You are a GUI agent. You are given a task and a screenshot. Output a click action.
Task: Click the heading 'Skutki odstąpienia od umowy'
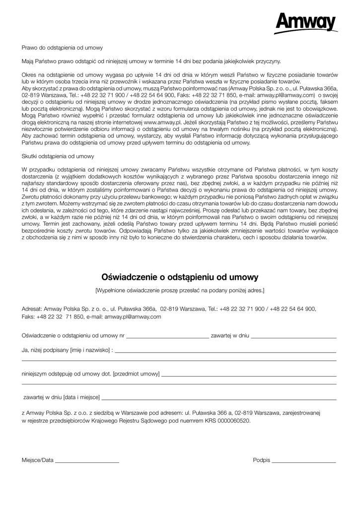tap(58, 156)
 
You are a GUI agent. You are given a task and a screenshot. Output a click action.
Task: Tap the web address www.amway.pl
tap(159, 122)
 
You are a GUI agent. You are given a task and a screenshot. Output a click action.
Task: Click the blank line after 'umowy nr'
tap(167, 337)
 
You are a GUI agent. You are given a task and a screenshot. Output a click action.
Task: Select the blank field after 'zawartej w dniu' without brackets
tap(294, 337)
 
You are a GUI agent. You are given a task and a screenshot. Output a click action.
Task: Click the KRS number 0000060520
tap(232, 420)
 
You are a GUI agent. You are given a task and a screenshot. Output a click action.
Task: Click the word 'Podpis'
tap(261, 460)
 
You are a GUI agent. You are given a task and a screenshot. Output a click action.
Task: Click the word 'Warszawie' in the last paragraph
tap(131, 412)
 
